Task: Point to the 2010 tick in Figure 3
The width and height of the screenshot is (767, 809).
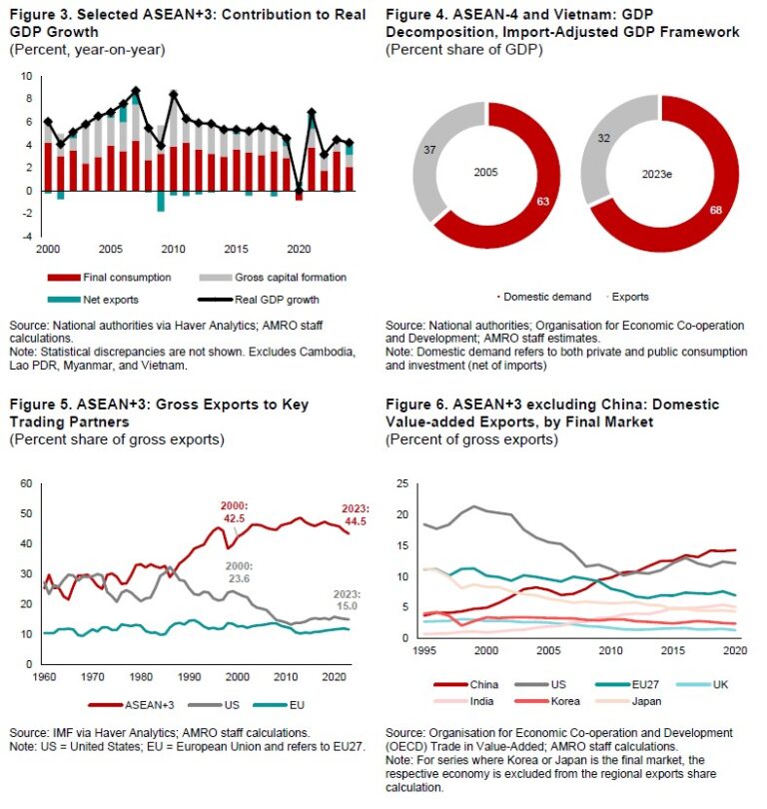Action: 174,249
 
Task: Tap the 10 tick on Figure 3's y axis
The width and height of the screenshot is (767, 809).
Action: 26,77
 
